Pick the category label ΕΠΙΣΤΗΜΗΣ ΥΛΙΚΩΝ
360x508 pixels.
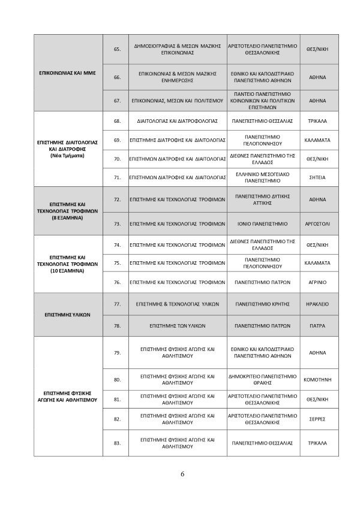pyautogui.click(x=70, y=315)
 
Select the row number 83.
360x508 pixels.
pyautogui.click(x=117, y=443)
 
